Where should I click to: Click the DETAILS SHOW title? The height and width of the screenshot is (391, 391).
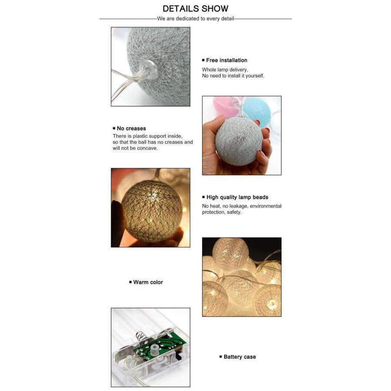[x=195, y=8]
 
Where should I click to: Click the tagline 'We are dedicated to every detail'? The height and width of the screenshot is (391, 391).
[x=195, y=19]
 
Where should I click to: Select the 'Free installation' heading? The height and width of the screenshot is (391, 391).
[x=227, y=60]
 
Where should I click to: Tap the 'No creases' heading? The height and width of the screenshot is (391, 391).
[x=131, y=128]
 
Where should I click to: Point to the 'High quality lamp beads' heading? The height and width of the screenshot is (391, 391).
[x=237, y=197]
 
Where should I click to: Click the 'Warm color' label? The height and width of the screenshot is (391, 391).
[x=148, y=282]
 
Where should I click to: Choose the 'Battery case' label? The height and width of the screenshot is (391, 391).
[x=239, y=356]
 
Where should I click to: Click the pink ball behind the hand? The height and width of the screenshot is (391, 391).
[x=223, y=105]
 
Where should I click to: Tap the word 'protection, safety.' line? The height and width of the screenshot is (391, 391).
[x=221, y=212]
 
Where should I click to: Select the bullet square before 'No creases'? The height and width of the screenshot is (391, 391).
[x=113, y=128]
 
